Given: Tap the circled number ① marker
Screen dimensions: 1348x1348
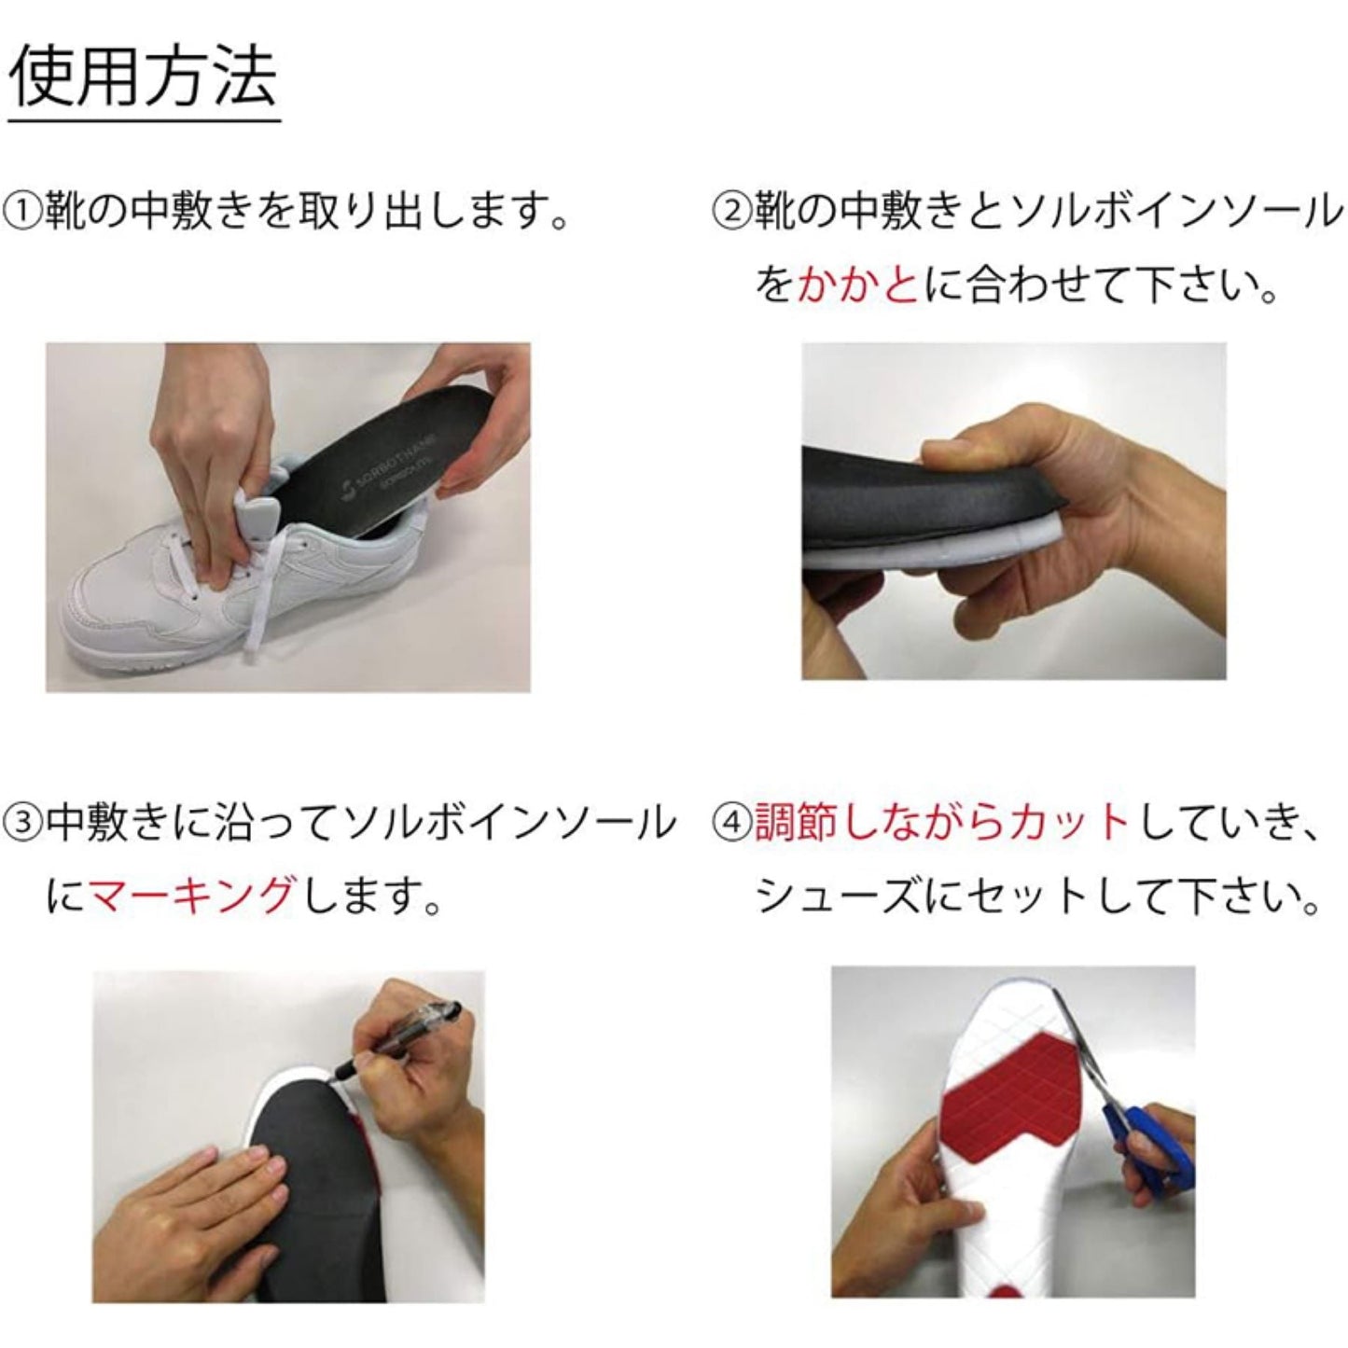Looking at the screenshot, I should (x=23, y=214).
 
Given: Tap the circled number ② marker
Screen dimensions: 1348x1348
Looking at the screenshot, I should (x=731, y=214).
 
